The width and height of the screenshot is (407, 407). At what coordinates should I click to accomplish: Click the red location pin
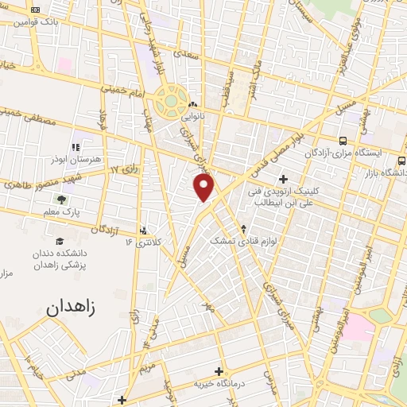click(x=204, y=186)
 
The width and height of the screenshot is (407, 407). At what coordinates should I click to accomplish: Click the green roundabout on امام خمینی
click(x=171, y=102)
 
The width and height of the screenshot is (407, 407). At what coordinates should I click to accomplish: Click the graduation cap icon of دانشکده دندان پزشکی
click(x=60, y=241)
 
